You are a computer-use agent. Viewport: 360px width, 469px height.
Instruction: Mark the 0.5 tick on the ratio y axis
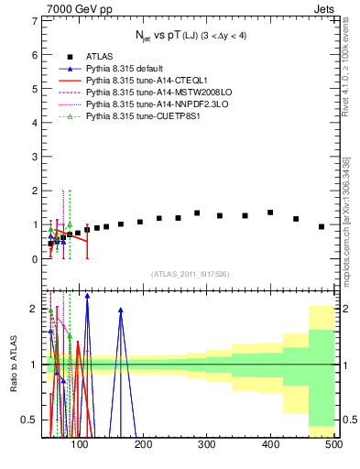[31, 420]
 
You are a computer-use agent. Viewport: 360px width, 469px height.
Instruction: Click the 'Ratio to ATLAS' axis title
[12, 365]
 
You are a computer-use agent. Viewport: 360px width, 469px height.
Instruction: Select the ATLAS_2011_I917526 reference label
[191, 274]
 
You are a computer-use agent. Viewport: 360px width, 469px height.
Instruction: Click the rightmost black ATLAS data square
[322, 226]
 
